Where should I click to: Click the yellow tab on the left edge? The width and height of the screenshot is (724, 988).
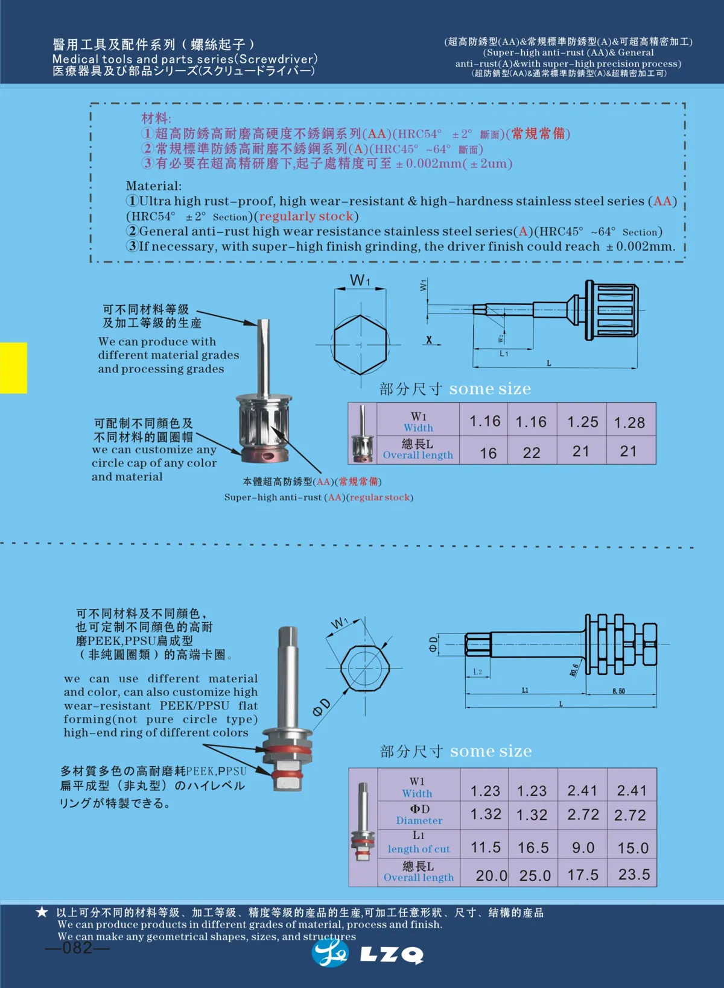point(13,368)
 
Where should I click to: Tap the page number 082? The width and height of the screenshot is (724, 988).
point(77,948)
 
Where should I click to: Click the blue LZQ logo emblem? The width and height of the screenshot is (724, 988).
point(329,952)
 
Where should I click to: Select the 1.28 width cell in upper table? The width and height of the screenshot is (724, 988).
point(629,423)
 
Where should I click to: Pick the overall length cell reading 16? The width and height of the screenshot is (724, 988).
point(488,453)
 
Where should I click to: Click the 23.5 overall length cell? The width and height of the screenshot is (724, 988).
point(634,875)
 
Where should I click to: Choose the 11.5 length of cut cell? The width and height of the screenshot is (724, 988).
point(486,848)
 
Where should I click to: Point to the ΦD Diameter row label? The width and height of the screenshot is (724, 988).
point(419,814)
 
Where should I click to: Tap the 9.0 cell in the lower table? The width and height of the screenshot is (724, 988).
point(583,848)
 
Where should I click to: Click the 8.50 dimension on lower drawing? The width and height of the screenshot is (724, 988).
point(618,691)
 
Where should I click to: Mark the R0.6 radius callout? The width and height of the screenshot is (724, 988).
point(574,670)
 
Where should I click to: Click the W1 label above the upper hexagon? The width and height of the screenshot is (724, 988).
point(360,280)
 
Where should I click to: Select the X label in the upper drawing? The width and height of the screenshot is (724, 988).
point(429,340)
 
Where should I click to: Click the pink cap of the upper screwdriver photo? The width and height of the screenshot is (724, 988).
point(264,454)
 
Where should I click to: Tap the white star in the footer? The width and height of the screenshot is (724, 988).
point(42,912)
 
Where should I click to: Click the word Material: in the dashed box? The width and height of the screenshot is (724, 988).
point(153,186)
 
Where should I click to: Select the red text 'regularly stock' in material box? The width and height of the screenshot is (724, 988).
point(306,216)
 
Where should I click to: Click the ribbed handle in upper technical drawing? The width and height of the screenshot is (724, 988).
point(611,311)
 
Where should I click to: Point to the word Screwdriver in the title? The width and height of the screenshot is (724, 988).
point(276,59)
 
